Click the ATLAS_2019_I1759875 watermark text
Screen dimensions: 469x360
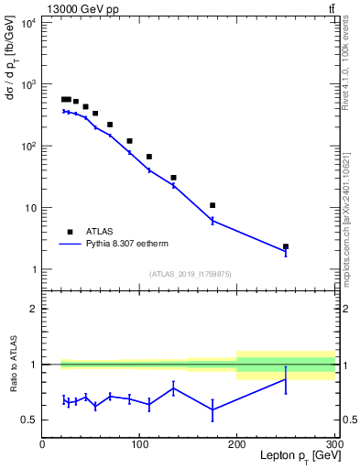(x=189, y=273)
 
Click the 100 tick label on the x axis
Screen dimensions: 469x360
(x=139, y=444)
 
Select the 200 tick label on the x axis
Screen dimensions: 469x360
(x=237, y=444)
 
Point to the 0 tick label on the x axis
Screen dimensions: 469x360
(x=42, y=444)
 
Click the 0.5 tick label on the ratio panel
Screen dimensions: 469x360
(x=28, y=420)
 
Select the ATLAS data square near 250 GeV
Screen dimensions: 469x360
(x=286, y=246)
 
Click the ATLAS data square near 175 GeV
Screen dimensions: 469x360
(x=213, y=205)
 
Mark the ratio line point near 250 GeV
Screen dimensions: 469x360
(x=286, y=379)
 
